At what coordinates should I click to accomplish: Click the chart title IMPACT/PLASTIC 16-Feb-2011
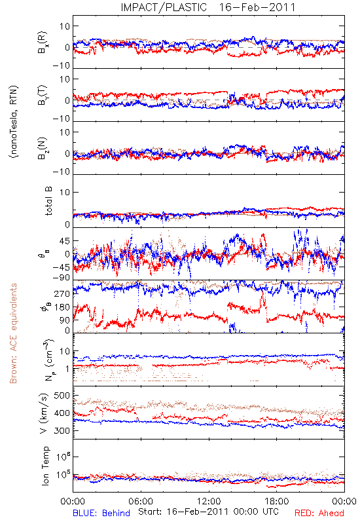point(207,7)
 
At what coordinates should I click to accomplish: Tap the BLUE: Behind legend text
point(101,513)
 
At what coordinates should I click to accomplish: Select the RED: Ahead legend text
point(319,513)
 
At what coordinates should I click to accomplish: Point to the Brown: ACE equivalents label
point(13,333)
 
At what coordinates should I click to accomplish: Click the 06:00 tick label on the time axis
point(141,501)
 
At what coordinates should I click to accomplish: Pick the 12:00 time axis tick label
point(209,501)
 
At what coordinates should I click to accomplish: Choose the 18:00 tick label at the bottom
point(277,501)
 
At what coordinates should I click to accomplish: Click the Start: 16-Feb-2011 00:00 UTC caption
point(208,512)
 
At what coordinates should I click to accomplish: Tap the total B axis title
point(48,201)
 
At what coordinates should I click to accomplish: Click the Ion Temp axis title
point(45,466)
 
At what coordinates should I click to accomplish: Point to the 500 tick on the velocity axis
point(62,396)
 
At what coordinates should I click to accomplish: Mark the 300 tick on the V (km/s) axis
point(62,430)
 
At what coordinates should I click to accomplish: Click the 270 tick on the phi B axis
point(62,293)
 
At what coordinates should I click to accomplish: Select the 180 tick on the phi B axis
point(62,307)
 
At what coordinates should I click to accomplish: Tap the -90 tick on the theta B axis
point(61,278)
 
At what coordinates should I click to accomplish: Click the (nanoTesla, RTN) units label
point(14,122)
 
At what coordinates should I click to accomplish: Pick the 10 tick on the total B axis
point(65,192)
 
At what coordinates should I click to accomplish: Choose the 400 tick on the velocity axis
point(62,413)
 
